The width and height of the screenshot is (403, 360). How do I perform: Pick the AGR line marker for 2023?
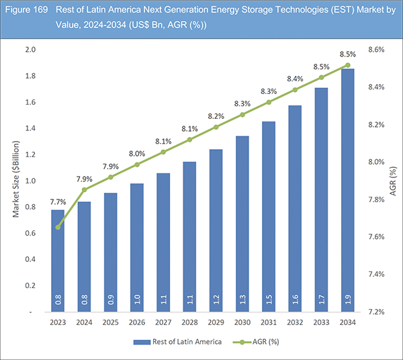coord(58,227)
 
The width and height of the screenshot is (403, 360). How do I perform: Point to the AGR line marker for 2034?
coord(347,65)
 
